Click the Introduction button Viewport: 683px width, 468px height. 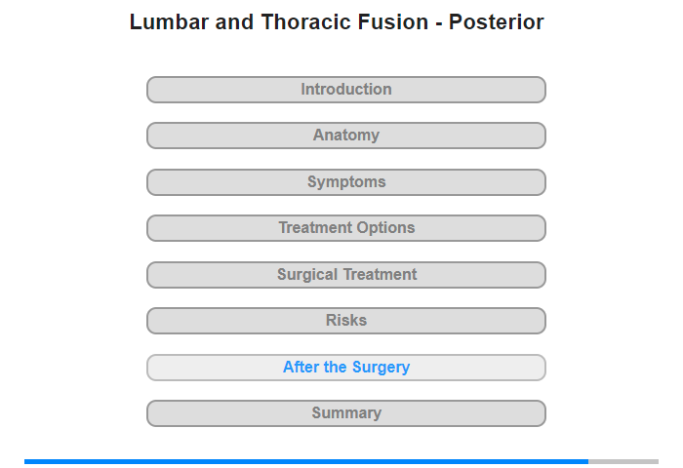[346, 90]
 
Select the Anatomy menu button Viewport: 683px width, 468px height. [346, 136]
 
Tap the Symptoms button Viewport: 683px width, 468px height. [346, 182]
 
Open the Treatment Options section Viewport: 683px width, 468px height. [346, 228]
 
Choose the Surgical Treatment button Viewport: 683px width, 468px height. [346, 275]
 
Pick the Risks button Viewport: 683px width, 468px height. [346, 321]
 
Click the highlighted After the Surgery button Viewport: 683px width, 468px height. [346, 368]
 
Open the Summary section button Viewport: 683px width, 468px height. [346, 413]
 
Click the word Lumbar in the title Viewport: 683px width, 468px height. [170, 22]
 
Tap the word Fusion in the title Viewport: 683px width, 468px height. [393, 22]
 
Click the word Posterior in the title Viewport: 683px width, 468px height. [496, 22]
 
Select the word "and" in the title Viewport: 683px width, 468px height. [234, 22]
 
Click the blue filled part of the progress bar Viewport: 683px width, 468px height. [306, 461]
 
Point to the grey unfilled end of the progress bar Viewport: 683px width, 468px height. [623, 461]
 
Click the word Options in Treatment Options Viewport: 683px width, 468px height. [384, 228]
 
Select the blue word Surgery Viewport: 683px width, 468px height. [381, 368]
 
